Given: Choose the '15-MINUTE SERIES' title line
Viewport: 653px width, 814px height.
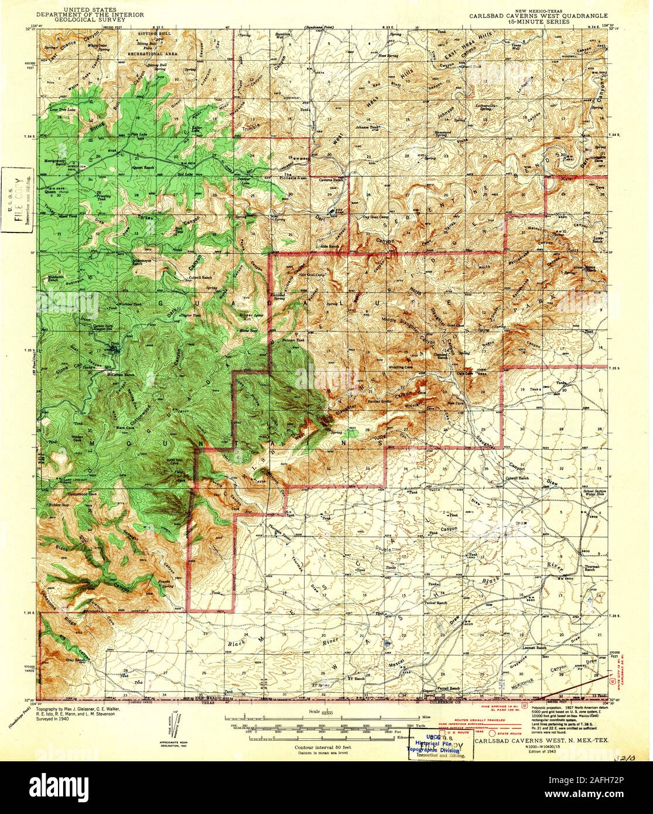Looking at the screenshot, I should [x=539, y=20].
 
